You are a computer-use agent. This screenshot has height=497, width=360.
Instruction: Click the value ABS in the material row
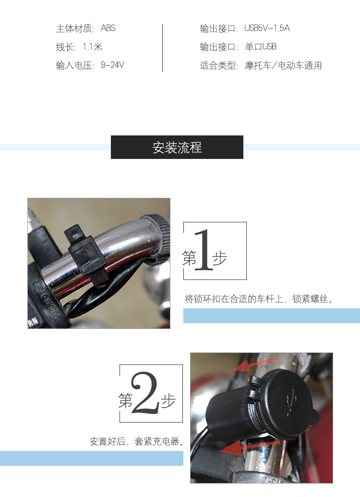(x=108, y=28)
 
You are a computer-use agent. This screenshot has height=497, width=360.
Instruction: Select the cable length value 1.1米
(x=92, y=47)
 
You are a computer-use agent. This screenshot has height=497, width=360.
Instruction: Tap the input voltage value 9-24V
(x=112, y=65)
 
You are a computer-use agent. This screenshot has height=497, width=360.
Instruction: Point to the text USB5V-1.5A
(x=267, y=28)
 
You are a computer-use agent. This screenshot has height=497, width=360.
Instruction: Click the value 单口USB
(x=261, y=47)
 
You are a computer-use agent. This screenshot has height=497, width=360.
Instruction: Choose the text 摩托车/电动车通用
(x=283, y=66)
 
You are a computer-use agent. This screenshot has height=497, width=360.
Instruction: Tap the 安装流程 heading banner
(x=177, y=147)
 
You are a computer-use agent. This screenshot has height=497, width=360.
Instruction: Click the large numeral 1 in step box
(x=204, y=251)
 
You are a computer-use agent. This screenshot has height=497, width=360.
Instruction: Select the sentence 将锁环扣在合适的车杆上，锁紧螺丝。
(x=259, y=299)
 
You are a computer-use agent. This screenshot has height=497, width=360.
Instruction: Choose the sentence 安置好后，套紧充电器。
(x=137, y=441)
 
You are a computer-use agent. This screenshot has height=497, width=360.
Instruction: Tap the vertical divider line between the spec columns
(x=162, y=48)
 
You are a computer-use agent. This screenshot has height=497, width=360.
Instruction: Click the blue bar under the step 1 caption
(x=271, y=315)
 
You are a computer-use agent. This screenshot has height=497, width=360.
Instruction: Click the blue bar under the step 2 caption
(x=91, y=458)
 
